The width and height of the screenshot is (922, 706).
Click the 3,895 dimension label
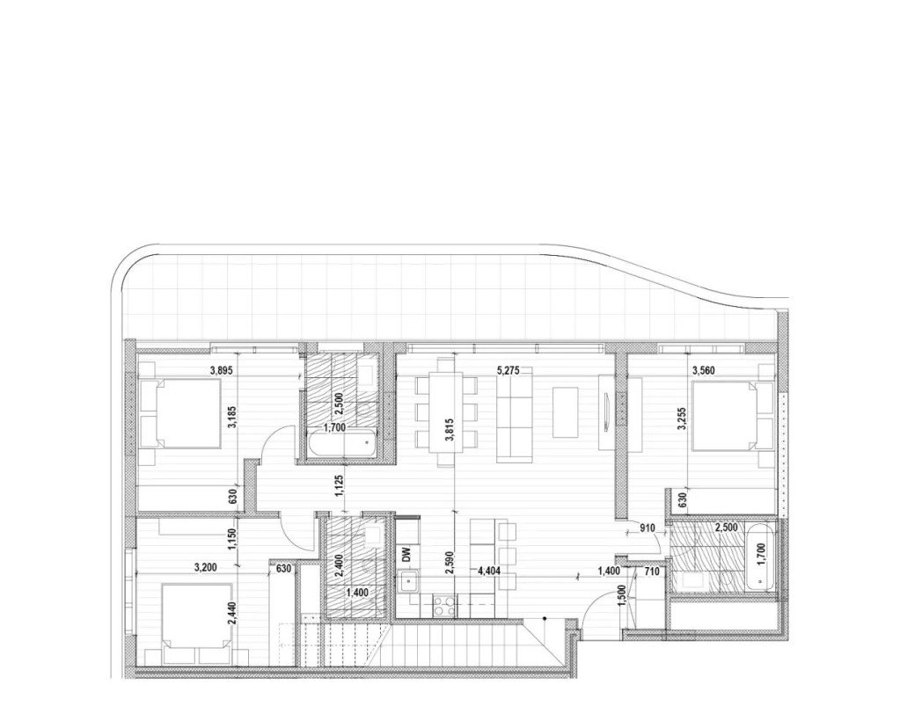[223, 370]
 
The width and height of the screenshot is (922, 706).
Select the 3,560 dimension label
[705, 370]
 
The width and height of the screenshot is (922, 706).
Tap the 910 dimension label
[648, 528]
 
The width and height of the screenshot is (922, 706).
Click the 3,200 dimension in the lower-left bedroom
[206, 567]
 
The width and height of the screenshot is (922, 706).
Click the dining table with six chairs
[446, 411]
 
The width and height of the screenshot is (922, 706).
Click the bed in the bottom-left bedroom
[196, 623]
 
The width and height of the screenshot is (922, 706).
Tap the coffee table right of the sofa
[567, 411]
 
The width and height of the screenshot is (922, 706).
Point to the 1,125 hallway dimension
[340, 485]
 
